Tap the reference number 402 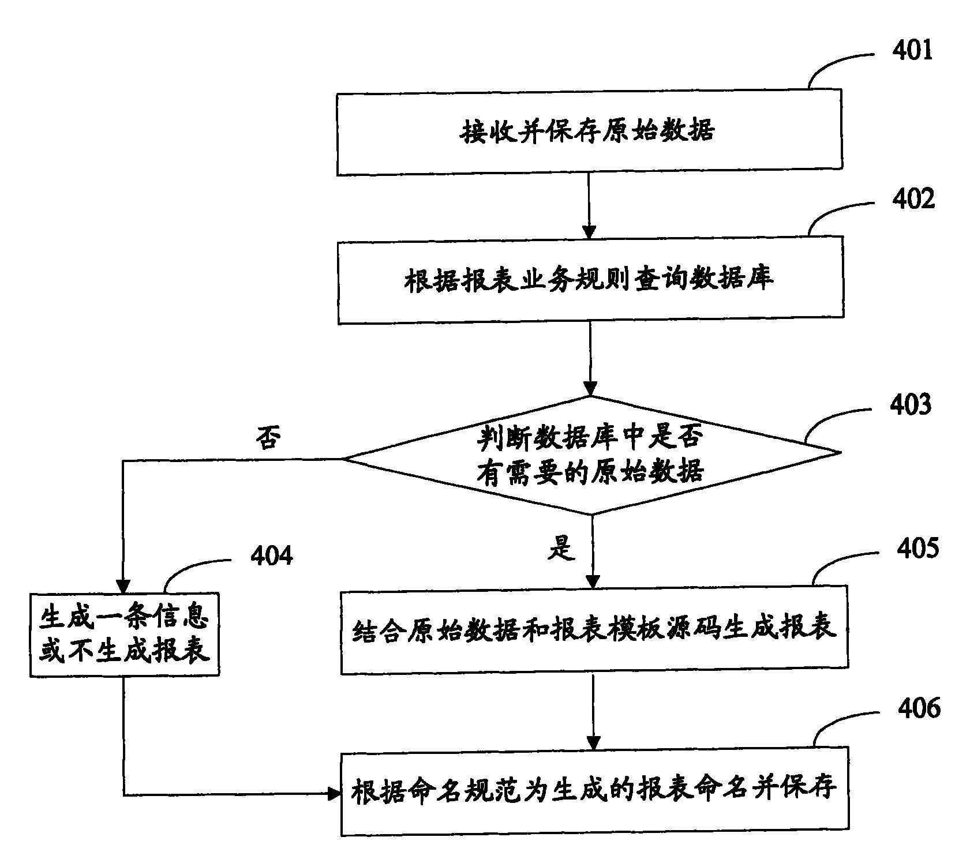coord(913,198)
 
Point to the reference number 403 coord(911,405)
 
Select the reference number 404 coord(271,556)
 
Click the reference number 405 coord(917,547)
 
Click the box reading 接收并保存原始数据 coord(589,132)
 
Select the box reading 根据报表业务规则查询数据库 coord(590,280)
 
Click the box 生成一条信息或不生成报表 coord(125,635)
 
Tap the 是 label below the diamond coord(561,548)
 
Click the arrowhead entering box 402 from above coord(589,231)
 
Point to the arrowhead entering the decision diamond coord(590,390)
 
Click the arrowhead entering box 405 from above coord(593,583)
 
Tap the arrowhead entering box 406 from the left coord(334,794)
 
